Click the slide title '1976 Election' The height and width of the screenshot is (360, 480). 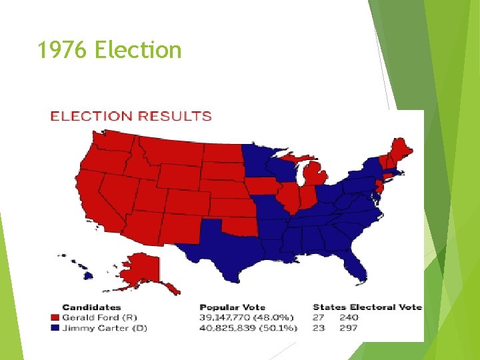tap(110, 50)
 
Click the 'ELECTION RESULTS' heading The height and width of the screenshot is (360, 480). tap(131, 116)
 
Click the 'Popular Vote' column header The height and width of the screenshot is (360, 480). tap(232, 307)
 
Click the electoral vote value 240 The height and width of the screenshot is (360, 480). tap(348, 317)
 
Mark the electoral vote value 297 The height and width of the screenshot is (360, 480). tap(348, 327)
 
